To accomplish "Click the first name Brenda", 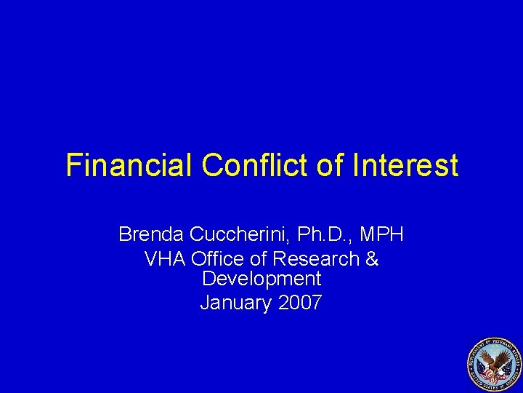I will [x=150, y=234].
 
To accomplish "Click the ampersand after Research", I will [x=371, y=258].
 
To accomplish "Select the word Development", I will [x=261, y=279].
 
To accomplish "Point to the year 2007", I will [x=300, y=302].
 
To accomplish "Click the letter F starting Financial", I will [x=73, y=165].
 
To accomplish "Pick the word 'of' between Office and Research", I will [x=260, y=258].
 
